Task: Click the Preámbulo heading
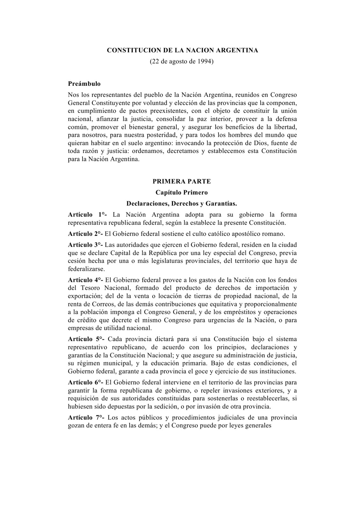(84, 84)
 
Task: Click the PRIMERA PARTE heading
(182, 181)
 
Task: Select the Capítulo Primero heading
(182, 193)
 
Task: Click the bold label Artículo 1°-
(87, 215)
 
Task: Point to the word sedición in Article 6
(195, 406)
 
